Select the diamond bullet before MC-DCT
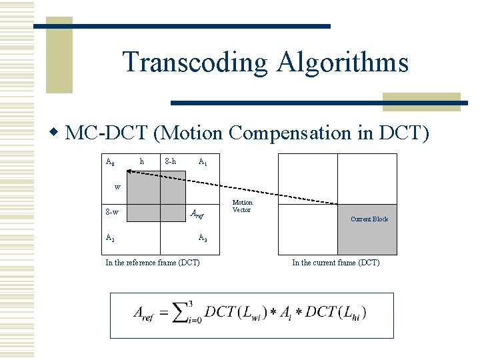(x=57, y=133)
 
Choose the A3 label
(x=203, y=238)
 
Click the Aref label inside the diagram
(x=197, y=215)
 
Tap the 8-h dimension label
(x=170, y=161)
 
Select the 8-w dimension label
(x=112, y=213)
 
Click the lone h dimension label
(x=141, y=161)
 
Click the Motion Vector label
(x=242, y=206)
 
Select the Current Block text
(x=369, y=219)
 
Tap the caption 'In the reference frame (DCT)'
(x=153, y=263)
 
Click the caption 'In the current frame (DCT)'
(x=336, y=263)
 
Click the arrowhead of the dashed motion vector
(x=131, y=172)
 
